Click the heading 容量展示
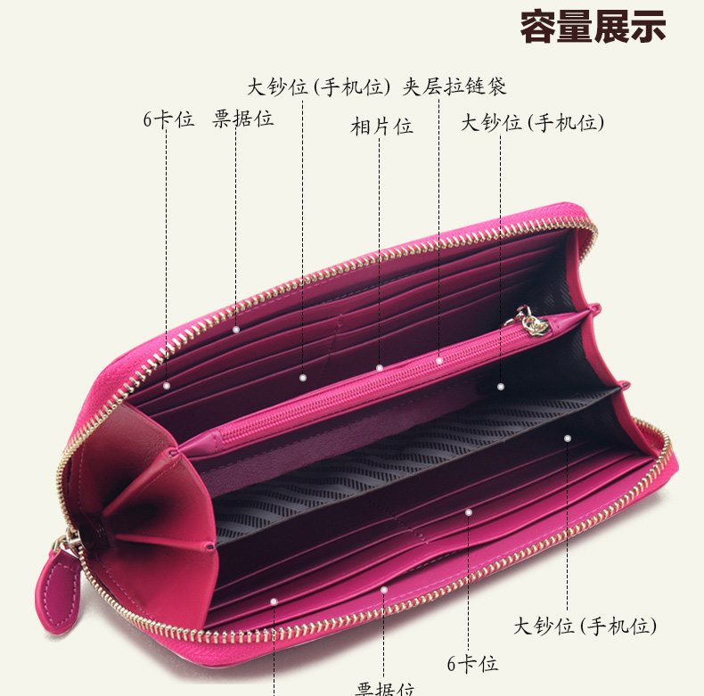tap(593, 28)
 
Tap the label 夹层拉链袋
tap(454, 86)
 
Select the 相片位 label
tap(381, 127)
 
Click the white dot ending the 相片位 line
tap(379, 367)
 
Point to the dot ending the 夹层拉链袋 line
tap(439, 360)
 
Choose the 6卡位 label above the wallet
tap(168, 119)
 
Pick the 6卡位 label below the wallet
tap(472, 664)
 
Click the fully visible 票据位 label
tap(242, 119)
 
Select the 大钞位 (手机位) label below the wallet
tap(585, 626)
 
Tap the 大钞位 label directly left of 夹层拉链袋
tap(319, 86)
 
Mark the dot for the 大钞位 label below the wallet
tap(567, 438)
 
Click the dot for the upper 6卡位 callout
tap(167, 385)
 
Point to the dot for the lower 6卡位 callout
tap(469, 512)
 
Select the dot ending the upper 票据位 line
tap(236, 330)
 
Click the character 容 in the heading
tap(539, 28)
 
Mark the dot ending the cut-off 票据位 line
tap(274, 602)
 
